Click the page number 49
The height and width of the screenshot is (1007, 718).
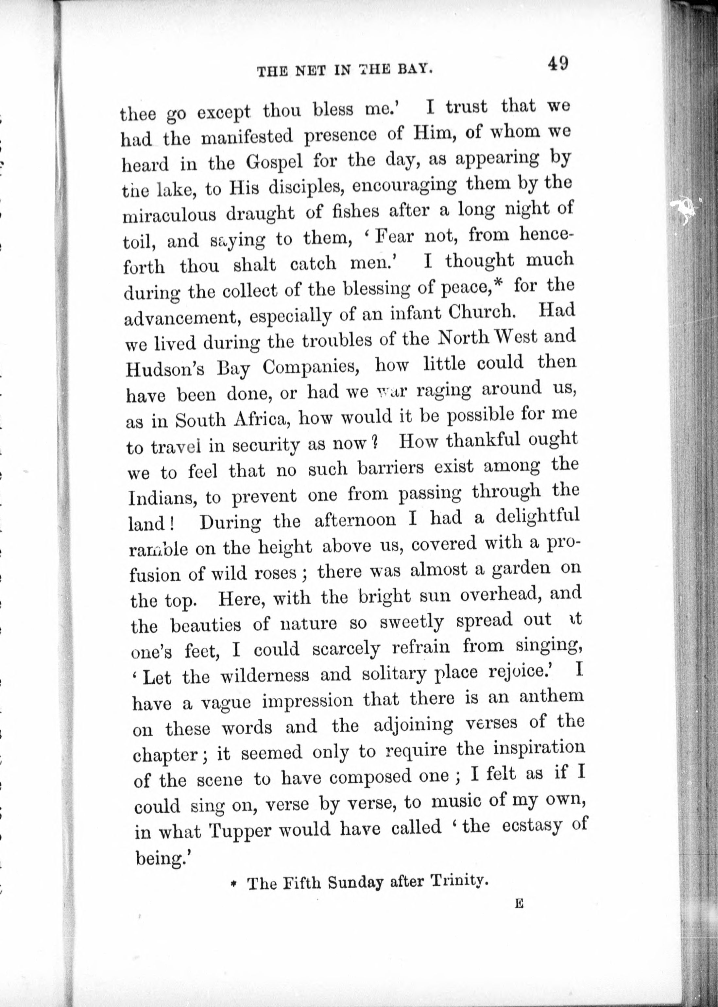[x=557, y=64]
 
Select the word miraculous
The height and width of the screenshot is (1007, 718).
[x=169, y=215]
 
